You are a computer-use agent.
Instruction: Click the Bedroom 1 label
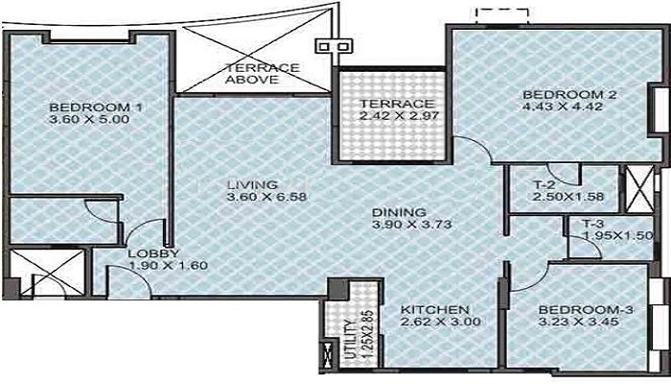96,108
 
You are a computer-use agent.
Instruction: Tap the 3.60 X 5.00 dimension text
89,119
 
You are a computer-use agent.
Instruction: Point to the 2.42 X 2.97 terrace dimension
399,115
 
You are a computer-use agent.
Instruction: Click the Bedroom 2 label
569,95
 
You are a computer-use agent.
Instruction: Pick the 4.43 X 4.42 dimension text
563,107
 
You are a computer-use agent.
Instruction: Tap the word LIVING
252,185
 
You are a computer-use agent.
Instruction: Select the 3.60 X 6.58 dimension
267,197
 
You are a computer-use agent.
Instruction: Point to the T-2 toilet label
544,185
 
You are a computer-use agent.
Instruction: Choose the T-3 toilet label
592,224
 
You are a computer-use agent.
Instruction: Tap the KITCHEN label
435,309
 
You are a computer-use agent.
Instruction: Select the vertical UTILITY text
349,341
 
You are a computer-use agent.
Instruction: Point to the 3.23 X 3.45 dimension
578,322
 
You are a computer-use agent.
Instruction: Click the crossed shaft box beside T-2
639,189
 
